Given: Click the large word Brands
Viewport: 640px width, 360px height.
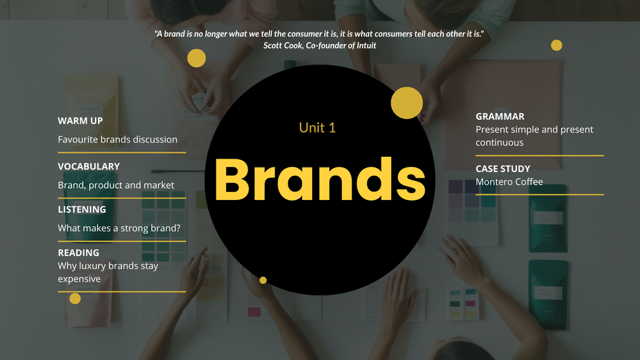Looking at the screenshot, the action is [320, 180].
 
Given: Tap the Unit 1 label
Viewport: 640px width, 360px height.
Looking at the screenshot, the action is [317, 128].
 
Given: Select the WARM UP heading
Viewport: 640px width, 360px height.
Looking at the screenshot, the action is [80, 121].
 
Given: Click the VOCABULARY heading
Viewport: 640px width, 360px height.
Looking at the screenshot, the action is [89, 166].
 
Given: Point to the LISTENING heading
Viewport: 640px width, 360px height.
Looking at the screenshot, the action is [82, 210].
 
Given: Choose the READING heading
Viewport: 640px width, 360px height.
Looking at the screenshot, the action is [78, 253].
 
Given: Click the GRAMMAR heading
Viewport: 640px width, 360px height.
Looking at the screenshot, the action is [500, 117].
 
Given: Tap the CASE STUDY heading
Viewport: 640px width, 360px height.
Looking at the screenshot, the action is [503, 169].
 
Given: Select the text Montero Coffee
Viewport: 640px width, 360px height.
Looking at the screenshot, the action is [509, 182].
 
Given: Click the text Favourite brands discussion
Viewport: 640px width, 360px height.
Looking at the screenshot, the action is [118, 140].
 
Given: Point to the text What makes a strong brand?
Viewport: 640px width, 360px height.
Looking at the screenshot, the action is [119, 228].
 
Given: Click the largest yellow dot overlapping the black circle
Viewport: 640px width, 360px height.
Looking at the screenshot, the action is [406, 103].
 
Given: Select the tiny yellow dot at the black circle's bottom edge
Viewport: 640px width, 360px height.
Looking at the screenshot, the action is [263, 280].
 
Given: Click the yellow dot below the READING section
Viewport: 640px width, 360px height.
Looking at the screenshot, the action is [75, 298].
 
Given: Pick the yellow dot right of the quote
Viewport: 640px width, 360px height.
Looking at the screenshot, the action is [557, 45].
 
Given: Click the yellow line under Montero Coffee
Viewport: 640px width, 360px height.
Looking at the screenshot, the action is [539, 195].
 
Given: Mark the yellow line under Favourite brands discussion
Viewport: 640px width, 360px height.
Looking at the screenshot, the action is [122, 153].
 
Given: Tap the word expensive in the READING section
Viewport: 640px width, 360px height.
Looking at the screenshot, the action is [79, 279].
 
